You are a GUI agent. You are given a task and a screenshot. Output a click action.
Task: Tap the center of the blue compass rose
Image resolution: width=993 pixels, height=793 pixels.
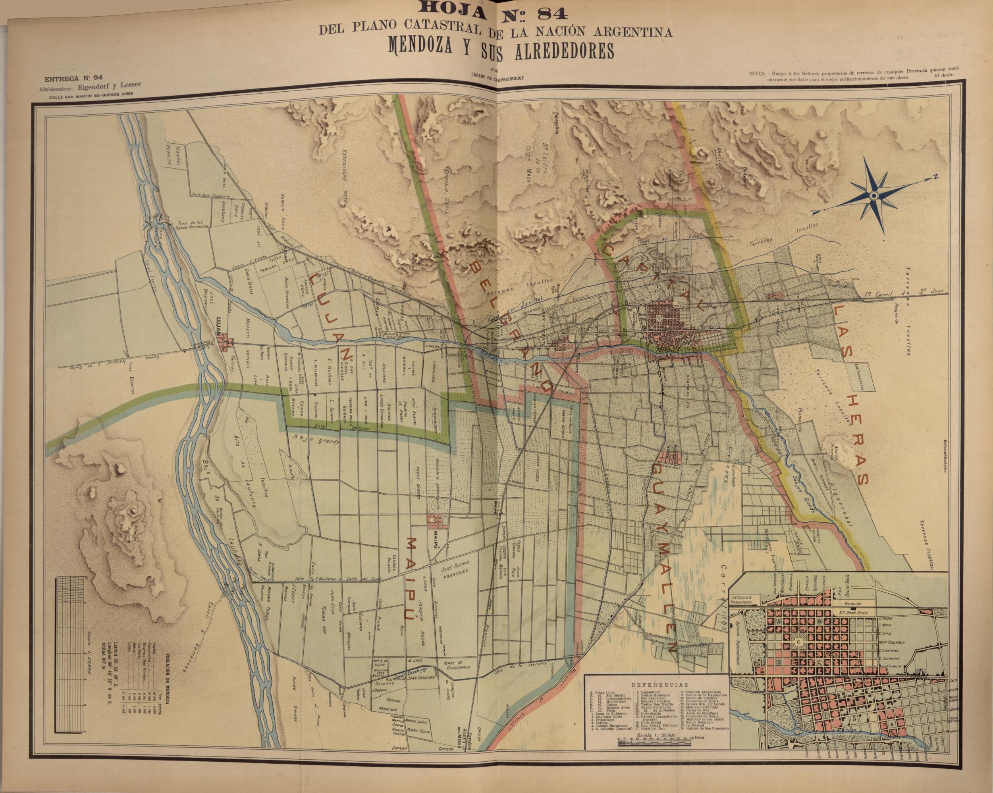tap(873, 196)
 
